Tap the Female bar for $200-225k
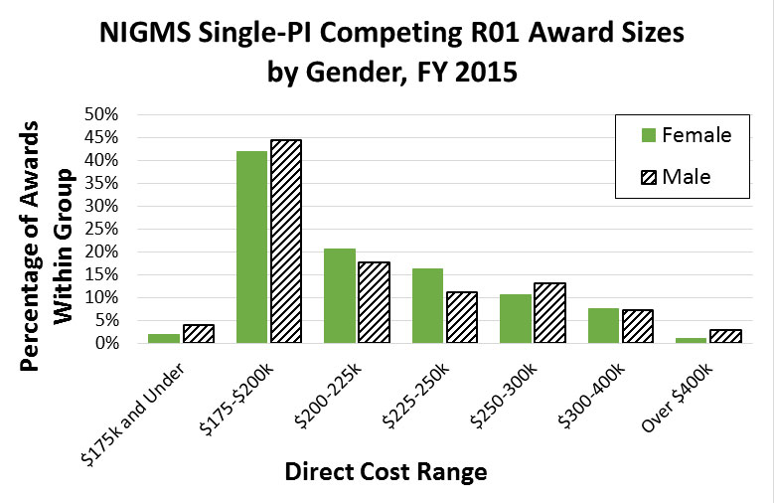(x=340, y=295)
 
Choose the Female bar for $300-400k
(x=604, y=325)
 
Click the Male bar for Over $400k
(x=726, y=336)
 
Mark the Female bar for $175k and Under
(x=164, y=338)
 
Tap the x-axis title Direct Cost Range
(x=386, y=471)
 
